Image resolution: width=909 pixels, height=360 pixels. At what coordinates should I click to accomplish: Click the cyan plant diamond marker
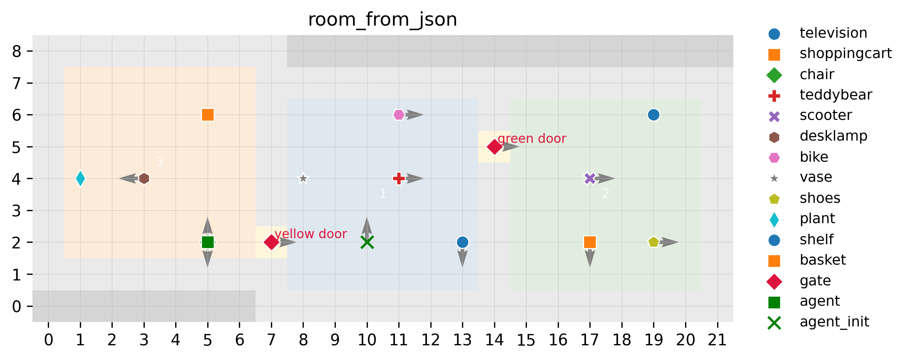(80, 178)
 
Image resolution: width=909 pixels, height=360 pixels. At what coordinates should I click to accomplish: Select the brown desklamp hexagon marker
(144, 178)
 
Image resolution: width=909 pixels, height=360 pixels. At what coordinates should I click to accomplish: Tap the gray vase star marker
(303, 178)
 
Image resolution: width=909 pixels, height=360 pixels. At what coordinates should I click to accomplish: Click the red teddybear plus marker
(399, 178)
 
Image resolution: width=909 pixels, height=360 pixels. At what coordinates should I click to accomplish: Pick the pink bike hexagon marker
(399, 115)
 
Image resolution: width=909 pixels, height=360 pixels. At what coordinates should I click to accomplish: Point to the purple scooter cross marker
(590, 178)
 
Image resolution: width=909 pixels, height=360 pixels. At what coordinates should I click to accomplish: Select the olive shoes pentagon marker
(653, 242)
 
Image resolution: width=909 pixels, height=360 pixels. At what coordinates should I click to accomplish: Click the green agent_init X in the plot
(367, 242)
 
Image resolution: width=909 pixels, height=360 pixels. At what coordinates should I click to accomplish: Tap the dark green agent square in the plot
(208, 242)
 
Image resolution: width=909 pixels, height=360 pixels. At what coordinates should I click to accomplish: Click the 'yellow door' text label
(311, 234)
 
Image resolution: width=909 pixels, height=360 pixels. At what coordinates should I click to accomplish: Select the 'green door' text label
(531, 139)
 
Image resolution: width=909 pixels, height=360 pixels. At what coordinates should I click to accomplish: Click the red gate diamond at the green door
(494, 147)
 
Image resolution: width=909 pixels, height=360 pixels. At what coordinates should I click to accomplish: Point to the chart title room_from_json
(383, 20)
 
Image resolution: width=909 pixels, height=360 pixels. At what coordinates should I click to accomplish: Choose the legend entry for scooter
(825, 115)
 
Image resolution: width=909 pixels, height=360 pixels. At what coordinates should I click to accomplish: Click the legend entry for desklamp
(833, 136)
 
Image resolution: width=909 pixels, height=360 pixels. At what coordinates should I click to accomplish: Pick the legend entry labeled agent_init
(834, 322)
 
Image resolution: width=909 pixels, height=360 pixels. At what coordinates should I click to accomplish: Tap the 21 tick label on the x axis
(717, 340)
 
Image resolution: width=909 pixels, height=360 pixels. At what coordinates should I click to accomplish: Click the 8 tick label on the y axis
(17, 51)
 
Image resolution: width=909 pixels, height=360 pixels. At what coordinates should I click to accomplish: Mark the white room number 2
(606, 194)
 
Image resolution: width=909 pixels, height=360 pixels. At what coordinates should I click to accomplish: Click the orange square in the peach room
(208, 115)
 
